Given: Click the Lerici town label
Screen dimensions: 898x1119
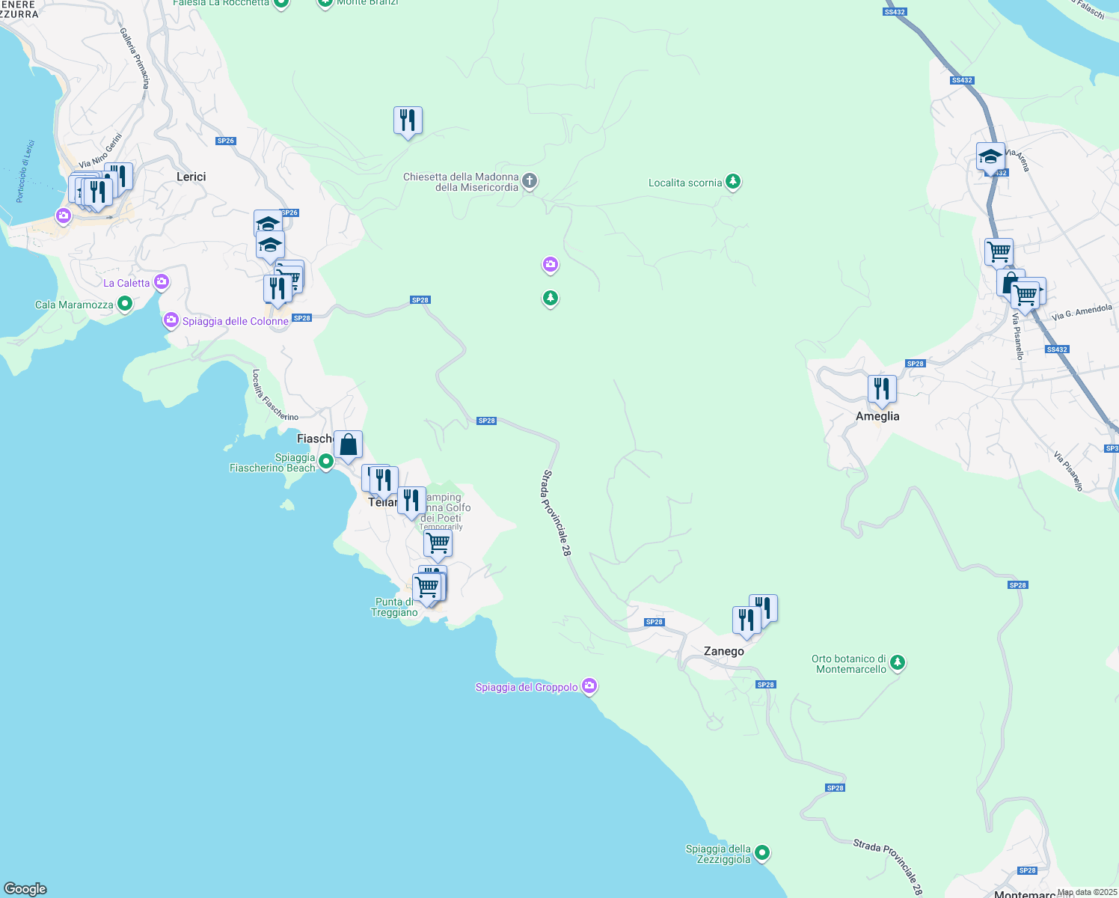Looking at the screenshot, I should point(191,177).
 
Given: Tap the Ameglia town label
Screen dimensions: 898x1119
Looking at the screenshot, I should point(877,416).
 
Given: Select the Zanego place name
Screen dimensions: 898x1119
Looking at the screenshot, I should point(723,651).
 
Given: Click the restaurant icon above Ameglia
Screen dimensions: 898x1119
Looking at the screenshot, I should point(882,389).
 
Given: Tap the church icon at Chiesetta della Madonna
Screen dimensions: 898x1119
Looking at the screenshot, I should point(530,180).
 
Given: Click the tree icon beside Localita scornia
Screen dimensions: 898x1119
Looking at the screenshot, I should point(733,182).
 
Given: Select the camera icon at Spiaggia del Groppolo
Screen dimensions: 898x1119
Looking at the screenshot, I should point(589,686).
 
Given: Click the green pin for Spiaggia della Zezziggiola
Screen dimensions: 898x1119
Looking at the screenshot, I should point(762,852).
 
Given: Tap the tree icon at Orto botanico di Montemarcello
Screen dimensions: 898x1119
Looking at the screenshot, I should point(898,662).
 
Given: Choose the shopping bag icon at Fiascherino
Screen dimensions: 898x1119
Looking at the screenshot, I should point(348,445).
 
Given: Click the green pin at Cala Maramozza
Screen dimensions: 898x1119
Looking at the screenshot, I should point(125,304).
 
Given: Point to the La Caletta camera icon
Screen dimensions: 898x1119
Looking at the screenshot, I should point(162,282).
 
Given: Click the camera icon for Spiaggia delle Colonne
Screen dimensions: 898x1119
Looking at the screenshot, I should point(171,320).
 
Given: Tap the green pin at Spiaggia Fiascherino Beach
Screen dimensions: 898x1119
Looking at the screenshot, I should point(326,462).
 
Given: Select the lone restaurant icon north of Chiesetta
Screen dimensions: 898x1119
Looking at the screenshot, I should point(408,120).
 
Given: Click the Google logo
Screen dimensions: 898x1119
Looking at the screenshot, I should point(25,889).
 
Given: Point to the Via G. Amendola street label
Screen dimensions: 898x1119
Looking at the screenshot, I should point(1082,312).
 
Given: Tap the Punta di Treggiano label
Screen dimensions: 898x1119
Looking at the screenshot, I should point(394,607).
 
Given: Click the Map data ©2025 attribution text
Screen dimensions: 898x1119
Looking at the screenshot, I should point(1087,892).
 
